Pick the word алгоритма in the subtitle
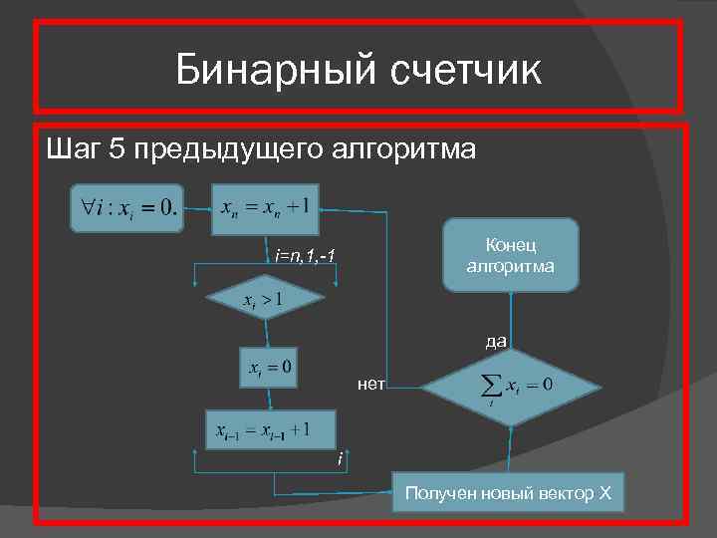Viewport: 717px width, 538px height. (408, 150)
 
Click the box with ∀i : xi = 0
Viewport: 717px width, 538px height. (125, 208)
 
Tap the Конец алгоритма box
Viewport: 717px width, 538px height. (509, 255)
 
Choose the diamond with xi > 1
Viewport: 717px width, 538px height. (264, 298)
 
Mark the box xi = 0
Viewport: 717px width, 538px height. (271, 369)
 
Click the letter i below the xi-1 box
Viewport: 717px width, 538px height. (340, 459)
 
